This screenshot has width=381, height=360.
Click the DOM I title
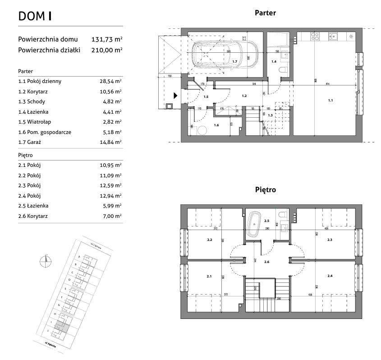[35, 16]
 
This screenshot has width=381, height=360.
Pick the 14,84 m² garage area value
[111, 142]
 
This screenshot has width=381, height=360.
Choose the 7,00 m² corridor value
[112, 217]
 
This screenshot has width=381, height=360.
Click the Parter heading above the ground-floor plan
[265, 13]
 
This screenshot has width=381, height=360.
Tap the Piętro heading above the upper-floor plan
[265, 190]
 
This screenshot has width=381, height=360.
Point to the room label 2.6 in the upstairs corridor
[266, 262]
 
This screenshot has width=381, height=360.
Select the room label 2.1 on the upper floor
[209, 276]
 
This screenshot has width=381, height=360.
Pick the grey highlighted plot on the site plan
[64, 328]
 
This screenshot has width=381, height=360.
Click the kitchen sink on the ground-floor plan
[333, 36]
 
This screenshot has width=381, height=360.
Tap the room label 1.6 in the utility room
[216, 125]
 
